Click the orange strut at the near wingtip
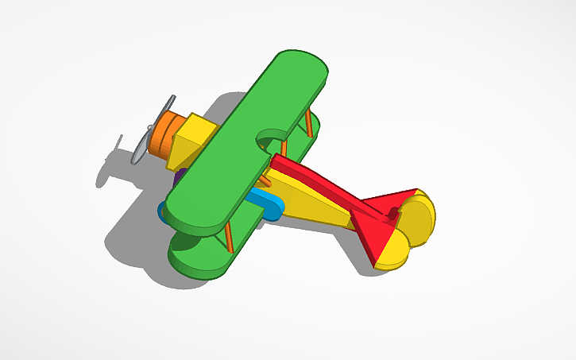pyautogui.click(x=229, y=237)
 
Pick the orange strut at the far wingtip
pyautogui.click(x=308, y=123)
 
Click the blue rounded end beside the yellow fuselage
pyautogui.click(x=269, y=207)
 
